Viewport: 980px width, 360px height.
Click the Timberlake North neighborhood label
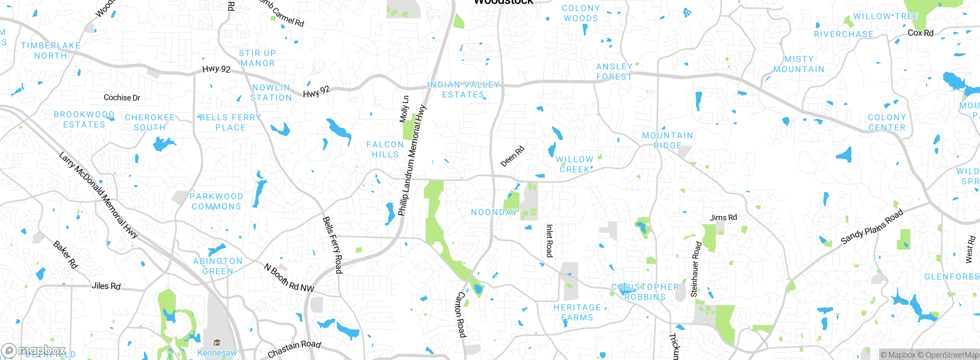click(x=51, y=51)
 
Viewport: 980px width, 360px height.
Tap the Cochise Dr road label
click(x=122, y=98)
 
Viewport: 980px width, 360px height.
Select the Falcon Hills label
click(x=385, y=149)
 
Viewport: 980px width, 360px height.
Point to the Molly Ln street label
click(x=404, y=109)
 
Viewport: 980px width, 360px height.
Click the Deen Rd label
click(x=512, y=156)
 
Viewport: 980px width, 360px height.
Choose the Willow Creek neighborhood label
click(x=575, y=164)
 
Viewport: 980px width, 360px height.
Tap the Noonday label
click(x=494, y=212)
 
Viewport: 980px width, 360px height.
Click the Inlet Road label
click(x=549, y=241)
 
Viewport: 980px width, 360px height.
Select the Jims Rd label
click(x=723, y=218)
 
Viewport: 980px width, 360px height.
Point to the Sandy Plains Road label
click(x=872, y=226)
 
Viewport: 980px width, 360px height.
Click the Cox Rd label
click(x=920, y=33)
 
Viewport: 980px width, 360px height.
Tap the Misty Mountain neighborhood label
click(x=799, y=64)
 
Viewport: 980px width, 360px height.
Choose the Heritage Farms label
click(x=577, y=313)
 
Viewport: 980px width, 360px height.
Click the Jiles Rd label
click(x=106, y=286)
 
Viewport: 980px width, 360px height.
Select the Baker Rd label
click(x=65, y=255)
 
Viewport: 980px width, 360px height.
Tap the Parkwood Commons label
click(x=217, y=201)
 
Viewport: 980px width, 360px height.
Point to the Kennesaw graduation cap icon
click(x=217, y=342)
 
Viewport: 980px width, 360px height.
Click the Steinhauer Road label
click(x=696, y=269)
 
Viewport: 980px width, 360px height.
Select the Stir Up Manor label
click(x=257, y=58)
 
